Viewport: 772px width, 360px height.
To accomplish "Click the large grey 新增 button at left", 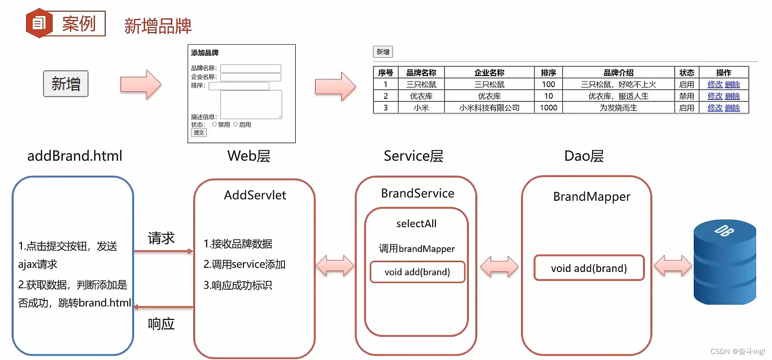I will (66, 84).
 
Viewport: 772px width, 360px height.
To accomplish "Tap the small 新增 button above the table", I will (383, 52).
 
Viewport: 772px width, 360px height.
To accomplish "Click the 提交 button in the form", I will (199, 133).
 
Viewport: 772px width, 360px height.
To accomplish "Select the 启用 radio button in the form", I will (236, 124).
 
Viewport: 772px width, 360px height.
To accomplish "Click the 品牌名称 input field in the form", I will (251, 68).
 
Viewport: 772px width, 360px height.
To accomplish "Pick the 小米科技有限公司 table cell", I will (489, 108).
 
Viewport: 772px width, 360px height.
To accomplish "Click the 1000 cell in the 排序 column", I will (548, 108).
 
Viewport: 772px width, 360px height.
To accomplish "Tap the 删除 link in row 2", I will (732, 96).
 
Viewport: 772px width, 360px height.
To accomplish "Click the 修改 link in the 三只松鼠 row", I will (715, 84).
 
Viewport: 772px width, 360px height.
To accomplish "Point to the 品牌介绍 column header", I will (618, 73).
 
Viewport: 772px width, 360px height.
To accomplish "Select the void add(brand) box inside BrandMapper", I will (589, 268).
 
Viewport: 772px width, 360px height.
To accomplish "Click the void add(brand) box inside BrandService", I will (417, 272).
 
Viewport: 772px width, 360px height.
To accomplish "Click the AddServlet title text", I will (255, 195).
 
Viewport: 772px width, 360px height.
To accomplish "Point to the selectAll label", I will (416, 224).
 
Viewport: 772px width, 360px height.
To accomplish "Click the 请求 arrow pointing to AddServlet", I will (163, 251).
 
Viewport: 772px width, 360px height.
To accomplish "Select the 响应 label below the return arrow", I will (161, 324).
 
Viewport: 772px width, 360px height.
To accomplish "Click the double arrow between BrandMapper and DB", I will (673, 266).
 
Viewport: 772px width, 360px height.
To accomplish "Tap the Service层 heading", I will (413, 156).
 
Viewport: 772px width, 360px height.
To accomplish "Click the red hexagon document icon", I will (39, 23).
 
